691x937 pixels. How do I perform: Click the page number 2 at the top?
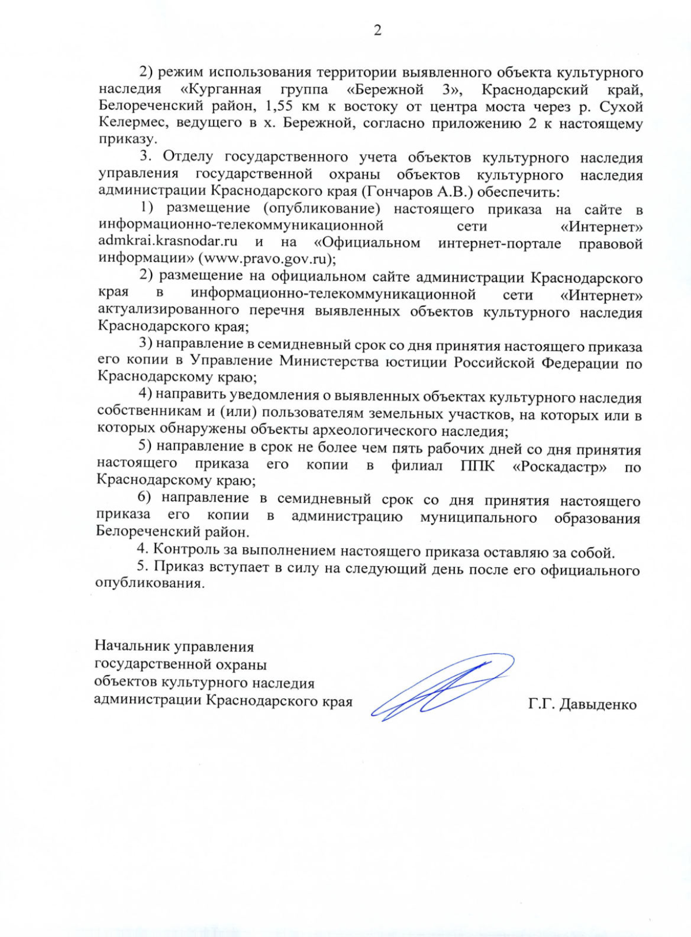click(377, 31)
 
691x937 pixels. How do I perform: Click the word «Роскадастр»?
click(559, 466)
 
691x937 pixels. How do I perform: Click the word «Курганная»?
click(221, 89)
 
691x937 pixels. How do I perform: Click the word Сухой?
click(621, 107)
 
